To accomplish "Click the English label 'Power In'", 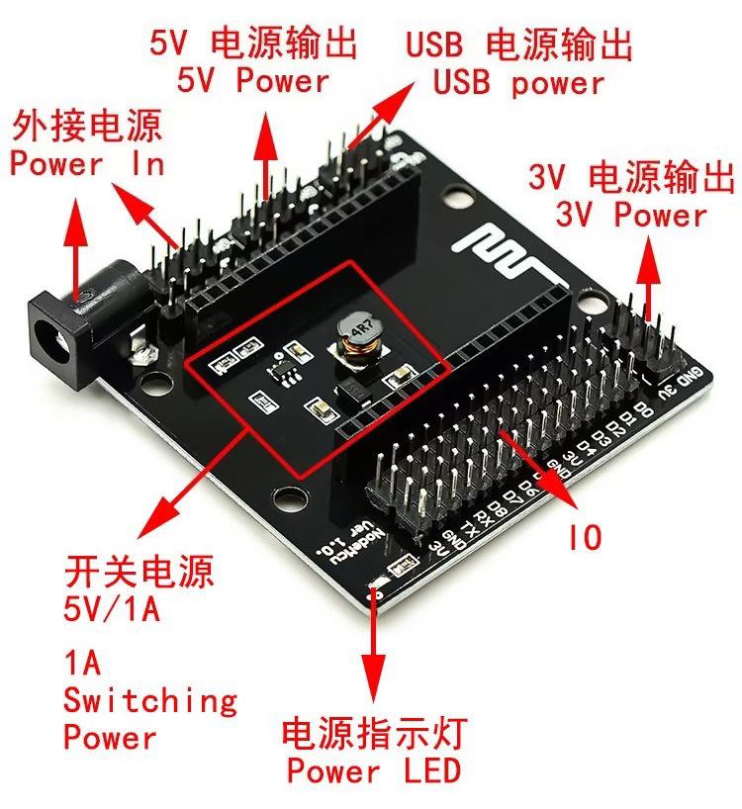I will point(87,164).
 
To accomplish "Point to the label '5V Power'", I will point(252,79).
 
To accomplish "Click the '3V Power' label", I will point(631,215).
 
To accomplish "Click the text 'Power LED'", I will point(373,769).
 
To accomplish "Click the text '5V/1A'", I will point(111,608).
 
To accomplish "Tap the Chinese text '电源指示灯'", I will point(373,734).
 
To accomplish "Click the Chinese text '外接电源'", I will point(87,128).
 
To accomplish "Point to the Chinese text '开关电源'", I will point(139,572).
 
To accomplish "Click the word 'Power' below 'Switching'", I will point(110,737).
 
